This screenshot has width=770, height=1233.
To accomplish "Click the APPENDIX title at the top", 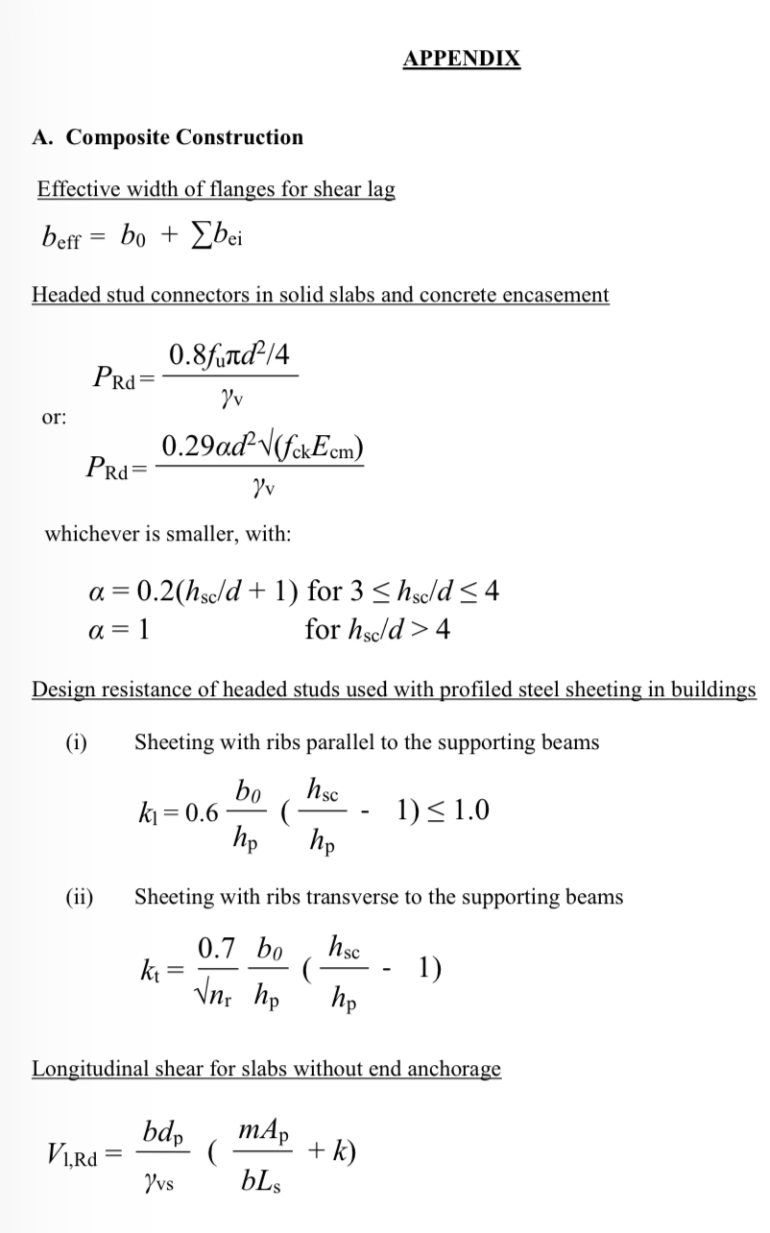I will coord(462,59).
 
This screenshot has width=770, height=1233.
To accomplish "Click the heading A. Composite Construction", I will coord(167,137).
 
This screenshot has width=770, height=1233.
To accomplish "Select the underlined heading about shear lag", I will coord(215,189).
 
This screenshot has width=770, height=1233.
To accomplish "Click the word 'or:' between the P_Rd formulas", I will coord(53,419).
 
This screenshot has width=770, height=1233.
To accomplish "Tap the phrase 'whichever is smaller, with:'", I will coord(168,533).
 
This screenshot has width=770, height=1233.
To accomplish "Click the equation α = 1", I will coord(116,630).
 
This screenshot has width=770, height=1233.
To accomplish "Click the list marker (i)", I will coord(76,741).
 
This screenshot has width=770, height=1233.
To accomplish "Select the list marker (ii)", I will coord(79,897).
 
